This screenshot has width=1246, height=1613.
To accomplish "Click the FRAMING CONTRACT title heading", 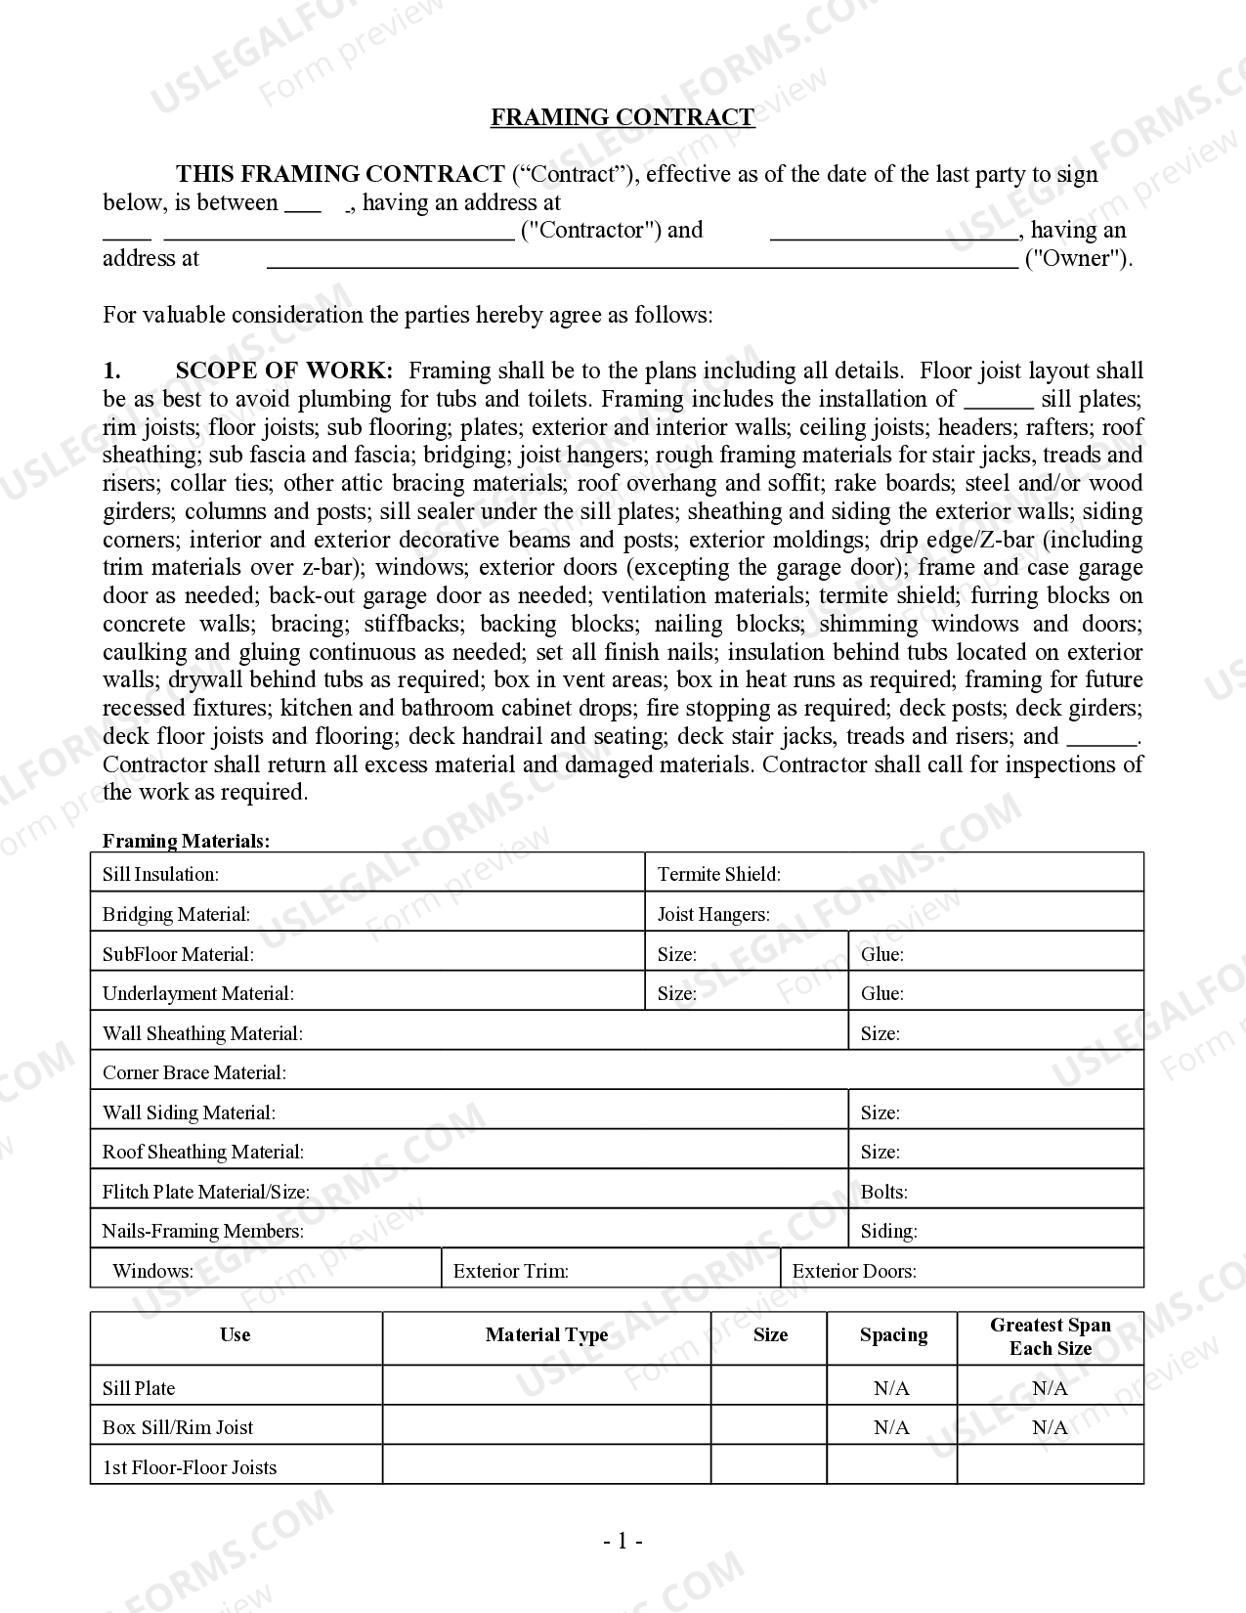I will click(622, 117).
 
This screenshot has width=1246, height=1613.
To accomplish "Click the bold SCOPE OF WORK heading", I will click(283, 371).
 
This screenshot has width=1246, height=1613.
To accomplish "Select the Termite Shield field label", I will click(718, 874).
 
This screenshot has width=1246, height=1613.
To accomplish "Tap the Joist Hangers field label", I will click(713, 914).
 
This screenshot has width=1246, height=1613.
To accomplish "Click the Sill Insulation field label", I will click(160, 874).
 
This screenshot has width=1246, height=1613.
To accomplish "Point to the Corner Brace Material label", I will click(194, 1072).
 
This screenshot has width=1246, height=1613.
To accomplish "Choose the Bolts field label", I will click(883, 1192).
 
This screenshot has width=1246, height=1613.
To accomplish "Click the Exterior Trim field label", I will click(511, 1271).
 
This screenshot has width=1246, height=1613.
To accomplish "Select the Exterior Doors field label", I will click(854, 1271).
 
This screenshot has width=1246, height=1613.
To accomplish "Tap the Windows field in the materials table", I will click(152, 1271).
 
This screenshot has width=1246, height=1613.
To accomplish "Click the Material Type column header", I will click(546, 1335).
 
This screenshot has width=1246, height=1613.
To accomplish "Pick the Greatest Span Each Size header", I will click(1050, 1336).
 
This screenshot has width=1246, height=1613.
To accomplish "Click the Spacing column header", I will click(892, 1335).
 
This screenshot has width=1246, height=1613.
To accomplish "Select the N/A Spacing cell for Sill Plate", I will click(891, 1388).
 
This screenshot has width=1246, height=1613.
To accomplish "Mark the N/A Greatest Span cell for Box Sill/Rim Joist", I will click(1050, 1427).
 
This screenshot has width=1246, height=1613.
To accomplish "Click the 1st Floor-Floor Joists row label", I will click(190, 1467).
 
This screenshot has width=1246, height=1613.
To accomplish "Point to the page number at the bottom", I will click(623, 1542).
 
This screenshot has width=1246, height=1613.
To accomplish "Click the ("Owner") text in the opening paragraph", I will click(1077, 258).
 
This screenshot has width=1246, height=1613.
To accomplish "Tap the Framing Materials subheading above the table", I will click(186, 841).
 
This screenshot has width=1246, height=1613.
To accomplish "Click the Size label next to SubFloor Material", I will click(676, 954).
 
